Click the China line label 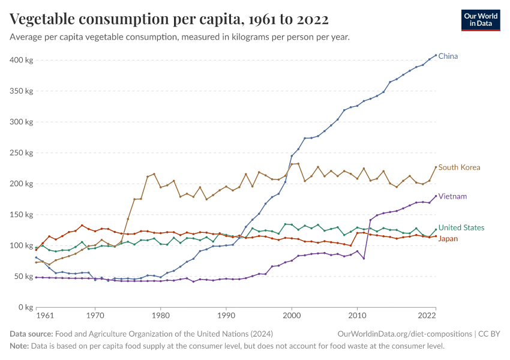448,56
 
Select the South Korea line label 459,167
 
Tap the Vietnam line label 452,196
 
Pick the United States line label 461,228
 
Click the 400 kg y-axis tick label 21,60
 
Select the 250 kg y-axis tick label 21,153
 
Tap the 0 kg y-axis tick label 25,307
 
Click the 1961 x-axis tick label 44,315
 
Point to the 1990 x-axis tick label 226,315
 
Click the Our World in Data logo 481,20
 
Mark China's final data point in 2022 436,55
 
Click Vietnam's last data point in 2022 436,196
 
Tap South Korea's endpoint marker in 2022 436,167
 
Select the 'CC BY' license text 490,334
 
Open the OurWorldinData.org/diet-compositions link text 404,334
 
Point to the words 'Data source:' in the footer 31,334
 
